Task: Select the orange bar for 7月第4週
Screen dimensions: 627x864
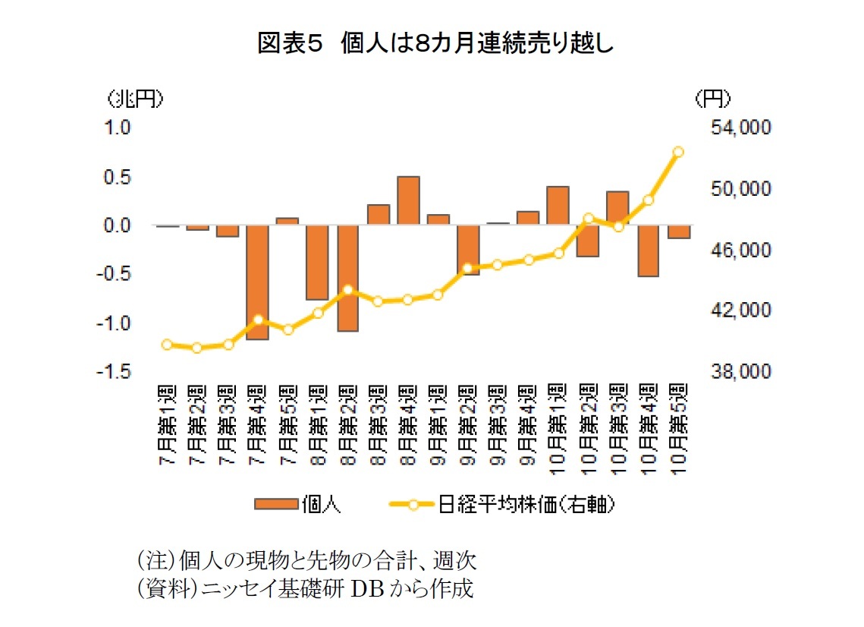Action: [257, 282]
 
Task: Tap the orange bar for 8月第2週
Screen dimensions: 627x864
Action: [347, 279]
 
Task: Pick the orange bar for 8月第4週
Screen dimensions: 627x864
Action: [408, 200]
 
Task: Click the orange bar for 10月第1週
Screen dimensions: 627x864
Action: [558, 206]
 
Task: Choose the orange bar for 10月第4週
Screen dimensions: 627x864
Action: [649, 251]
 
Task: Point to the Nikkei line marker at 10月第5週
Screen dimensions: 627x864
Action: [678, 152]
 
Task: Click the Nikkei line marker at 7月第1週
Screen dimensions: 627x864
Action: [168, 345]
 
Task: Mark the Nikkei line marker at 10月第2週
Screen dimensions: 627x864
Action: [588, 219]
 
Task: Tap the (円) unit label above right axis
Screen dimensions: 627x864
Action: [712, 98]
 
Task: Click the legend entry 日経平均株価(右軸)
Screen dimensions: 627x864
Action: [502, 505]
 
